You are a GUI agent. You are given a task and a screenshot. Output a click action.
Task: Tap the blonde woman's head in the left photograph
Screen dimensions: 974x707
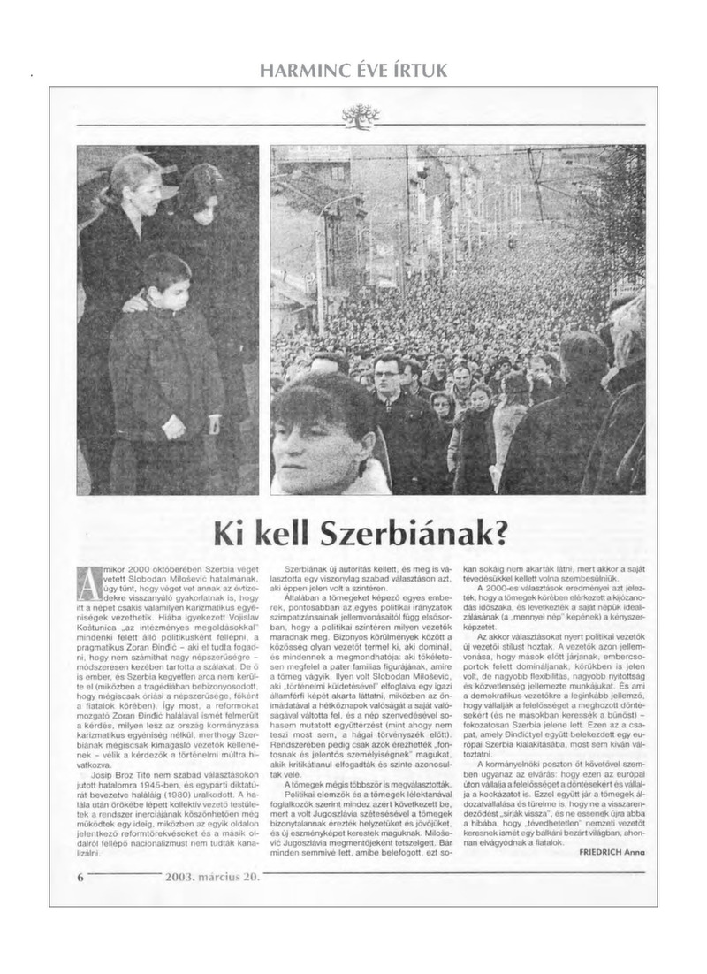(133, 181)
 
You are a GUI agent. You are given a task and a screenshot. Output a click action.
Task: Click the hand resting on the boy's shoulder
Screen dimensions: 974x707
(135, 303)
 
